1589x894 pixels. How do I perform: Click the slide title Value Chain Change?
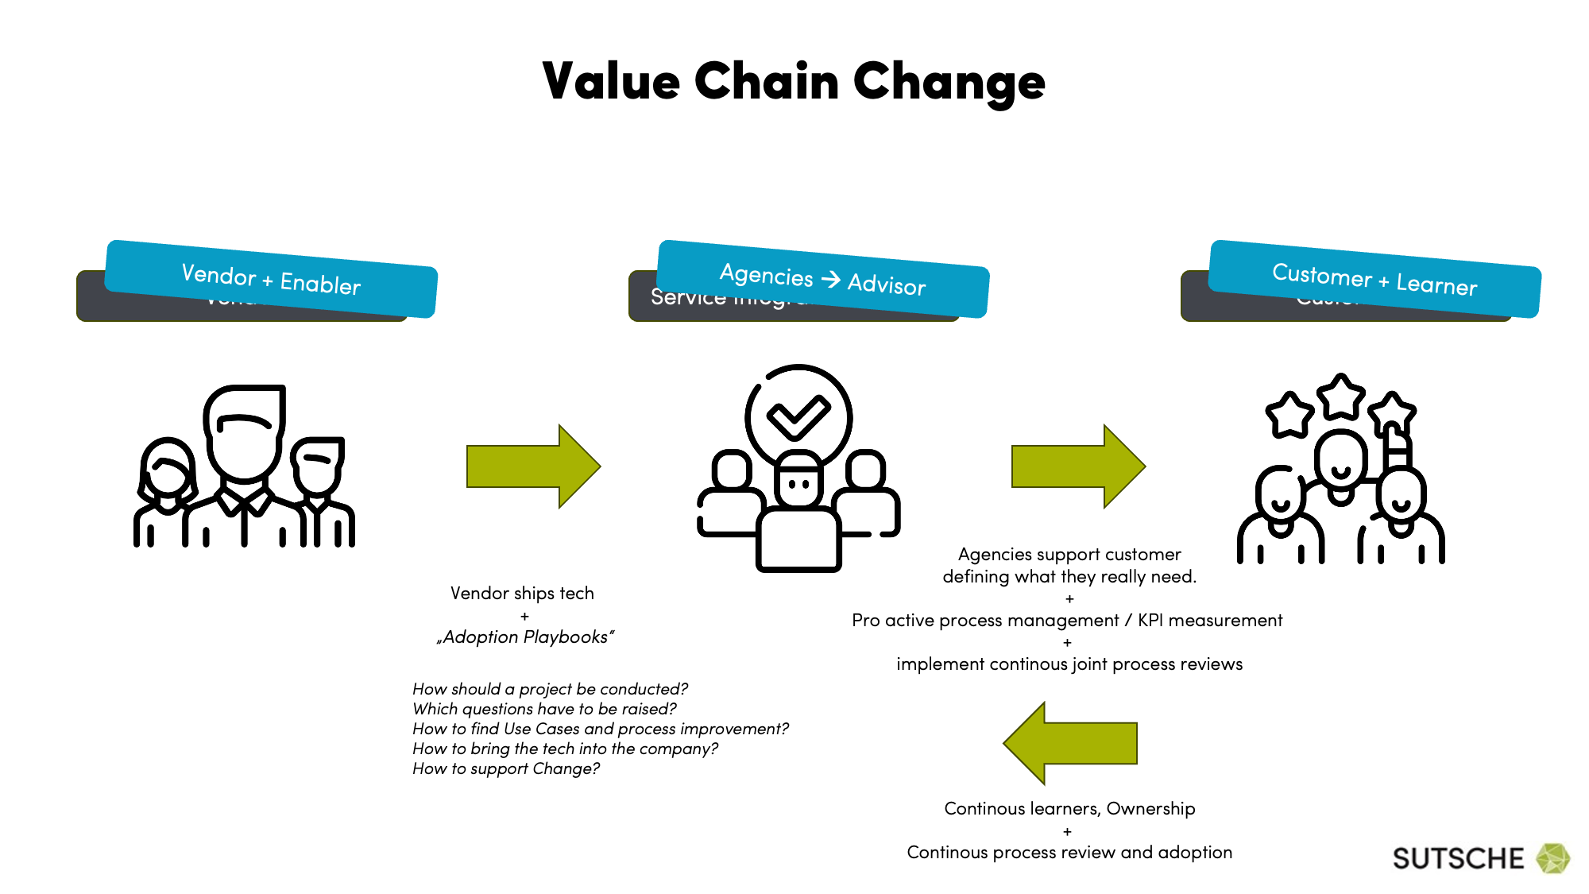(x=793, y=82)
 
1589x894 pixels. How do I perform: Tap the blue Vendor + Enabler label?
(x=271, y=279)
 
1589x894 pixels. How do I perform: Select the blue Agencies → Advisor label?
(x=823, y=279)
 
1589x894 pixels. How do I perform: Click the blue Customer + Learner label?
(x=1374, y=279)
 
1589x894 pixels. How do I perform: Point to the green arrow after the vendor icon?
(x=533, y=466)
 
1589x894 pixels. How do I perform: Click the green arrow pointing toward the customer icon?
(x=1078, y=466)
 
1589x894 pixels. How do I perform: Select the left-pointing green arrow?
(x=1070, y=743)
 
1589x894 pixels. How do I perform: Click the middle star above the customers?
(x=1341, y=397)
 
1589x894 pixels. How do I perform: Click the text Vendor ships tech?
(x=522, y=594)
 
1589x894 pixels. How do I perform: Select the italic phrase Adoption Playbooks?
(x=525, y=637)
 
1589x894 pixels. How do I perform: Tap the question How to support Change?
(x=506, y=768)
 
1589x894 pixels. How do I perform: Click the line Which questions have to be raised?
(x=544, y=709)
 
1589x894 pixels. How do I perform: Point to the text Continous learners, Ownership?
(x=1069, y=809)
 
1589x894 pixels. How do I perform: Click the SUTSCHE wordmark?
(x=1458, y=859)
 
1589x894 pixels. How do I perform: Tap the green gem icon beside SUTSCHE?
(x=1552, y=858)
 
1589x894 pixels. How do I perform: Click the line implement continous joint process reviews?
(x=1069, y=664)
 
